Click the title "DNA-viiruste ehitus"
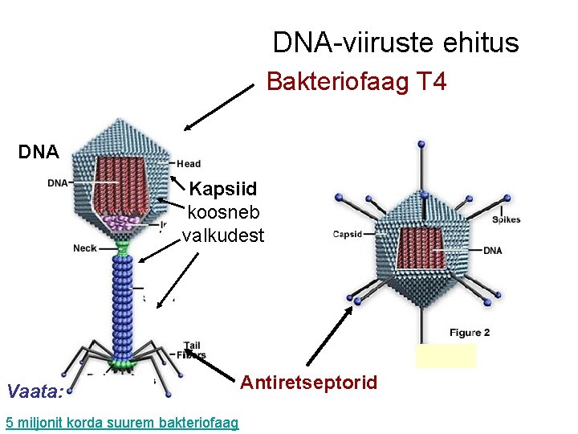coord(396,43)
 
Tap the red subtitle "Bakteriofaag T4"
coord(356,82)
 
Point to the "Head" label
coord(189,163)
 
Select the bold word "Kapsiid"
coord(223,190)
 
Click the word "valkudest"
coord(222,235)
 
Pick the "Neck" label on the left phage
coord(84,248)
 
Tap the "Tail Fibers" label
coord(194,350)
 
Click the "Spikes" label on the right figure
coord(506,219)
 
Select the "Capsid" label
coord(347,235)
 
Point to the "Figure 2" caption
coord(470,333)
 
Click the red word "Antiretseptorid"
coord(309,383)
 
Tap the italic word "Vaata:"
coord(34,392)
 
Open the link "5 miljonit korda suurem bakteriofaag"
coord(121,421)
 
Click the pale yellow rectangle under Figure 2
coord(446,355)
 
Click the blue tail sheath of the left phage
coord(122,305)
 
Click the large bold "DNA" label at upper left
coord(39,152)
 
